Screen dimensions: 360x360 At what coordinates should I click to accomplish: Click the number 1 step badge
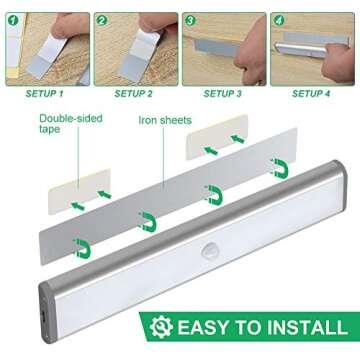[9, 20]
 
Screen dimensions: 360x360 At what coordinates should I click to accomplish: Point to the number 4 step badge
[280, 20]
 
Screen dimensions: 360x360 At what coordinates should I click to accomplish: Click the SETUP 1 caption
[44, 93]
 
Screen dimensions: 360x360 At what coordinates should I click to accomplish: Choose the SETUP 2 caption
[134, 93]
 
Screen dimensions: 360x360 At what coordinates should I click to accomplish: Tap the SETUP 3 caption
[223, 93]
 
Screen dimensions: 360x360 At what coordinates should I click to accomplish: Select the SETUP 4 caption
[313, 93]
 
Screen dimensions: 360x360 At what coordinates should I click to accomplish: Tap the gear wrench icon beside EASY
[158, 326]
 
